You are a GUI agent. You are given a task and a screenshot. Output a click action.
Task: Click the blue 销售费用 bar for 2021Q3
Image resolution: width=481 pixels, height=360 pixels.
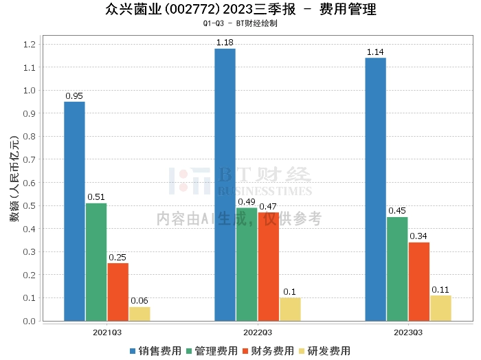point(74,212)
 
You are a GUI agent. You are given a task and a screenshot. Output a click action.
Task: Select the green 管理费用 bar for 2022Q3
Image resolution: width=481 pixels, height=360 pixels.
point(247,265)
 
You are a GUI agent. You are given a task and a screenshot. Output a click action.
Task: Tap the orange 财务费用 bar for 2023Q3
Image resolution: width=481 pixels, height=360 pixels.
point(419,282)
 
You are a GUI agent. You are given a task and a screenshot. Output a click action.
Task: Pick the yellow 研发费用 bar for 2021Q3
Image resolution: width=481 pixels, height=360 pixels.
point(139,314)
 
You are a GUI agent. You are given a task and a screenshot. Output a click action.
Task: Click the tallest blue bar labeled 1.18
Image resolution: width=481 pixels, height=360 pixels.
point(225,185)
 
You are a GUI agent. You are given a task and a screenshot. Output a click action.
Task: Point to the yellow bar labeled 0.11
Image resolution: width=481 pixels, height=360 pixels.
point(441,308)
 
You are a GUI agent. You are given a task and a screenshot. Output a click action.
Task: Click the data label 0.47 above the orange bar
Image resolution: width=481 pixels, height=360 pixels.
point(268,207)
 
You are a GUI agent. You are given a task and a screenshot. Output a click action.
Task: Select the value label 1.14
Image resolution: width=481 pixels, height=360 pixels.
point(375,52)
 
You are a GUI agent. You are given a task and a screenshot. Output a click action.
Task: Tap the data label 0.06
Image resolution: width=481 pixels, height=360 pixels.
point(139,301)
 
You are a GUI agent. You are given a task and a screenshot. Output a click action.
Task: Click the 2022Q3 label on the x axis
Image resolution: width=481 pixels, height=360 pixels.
point(258,333)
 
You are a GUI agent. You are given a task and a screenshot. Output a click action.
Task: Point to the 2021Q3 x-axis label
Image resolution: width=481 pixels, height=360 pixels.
point(107,333)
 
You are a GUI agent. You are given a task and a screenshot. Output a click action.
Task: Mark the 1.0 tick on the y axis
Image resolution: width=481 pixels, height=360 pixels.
point(30,91)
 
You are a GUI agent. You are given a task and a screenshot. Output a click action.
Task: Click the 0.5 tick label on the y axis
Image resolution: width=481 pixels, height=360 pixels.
point(30,205)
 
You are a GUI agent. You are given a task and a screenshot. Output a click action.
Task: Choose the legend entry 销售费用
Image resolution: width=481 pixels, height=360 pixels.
point(155,351)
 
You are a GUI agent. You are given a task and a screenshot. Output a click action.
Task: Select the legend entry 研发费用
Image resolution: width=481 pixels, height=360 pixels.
point(324,351)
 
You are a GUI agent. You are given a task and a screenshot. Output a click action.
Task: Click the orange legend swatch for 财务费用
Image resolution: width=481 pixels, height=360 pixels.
point(245,351)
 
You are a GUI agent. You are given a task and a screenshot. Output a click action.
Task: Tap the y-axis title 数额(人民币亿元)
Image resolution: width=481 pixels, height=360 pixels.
point(14,179)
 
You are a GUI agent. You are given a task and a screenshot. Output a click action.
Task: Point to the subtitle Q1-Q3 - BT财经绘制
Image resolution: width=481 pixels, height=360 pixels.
point(240,23)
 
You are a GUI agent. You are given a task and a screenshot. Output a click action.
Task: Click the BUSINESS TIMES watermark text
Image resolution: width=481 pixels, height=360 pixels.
point(265,191)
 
